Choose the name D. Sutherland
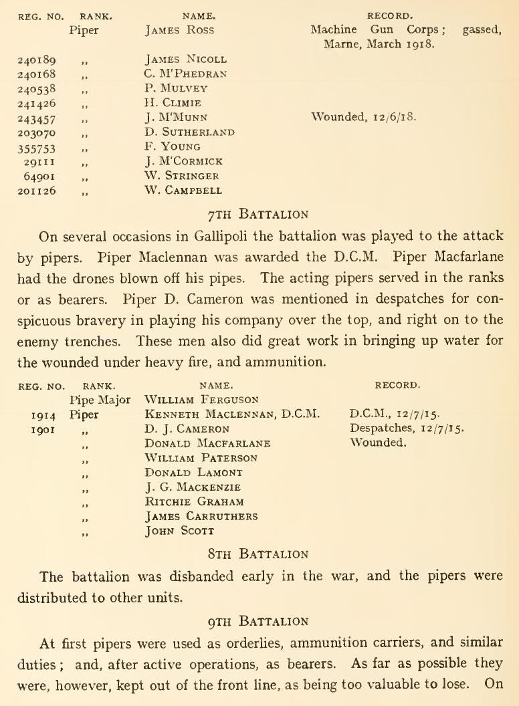coord(189,132)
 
